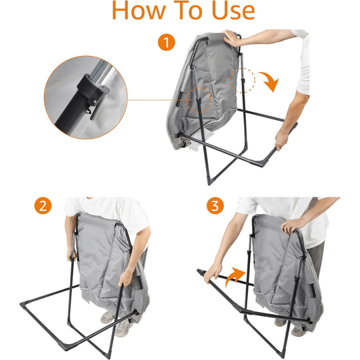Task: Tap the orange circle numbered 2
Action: [x=44, y=206]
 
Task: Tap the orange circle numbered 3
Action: [x=216, y=206]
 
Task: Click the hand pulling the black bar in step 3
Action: [x=214, y=271]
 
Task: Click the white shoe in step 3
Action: [x=281, y=321]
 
